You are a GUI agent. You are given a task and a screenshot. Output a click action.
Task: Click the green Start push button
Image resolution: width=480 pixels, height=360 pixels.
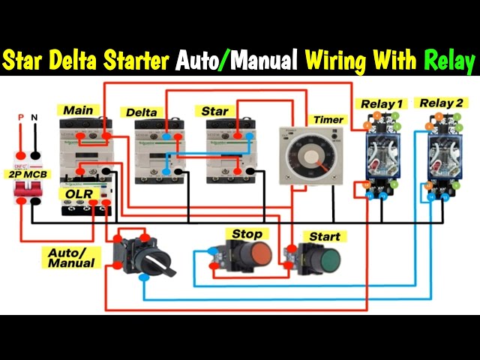[325, 260]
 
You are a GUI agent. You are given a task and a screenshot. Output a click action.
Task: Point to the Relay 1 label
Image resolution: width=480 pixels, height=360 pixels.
[382, 103]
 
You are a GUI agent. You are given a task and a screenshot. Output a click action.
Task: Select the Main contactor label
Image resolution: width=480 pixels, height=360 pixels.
[79, 110]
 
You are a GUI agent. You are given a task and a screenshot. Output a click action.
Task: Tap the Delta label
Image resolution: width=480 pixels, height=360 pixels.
[142, 112]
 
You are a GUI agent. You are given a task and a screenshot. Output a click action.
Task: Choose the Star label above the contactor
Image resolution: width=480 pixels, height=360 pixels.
[214, 111]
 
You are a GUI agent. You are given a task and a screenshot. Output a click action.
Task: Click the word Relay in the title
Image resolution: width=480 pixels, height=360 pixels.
[448, 61]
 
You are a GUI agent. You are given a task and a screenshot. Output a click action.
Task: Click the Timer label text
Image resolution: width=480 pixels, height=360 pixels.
[328, 120]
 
